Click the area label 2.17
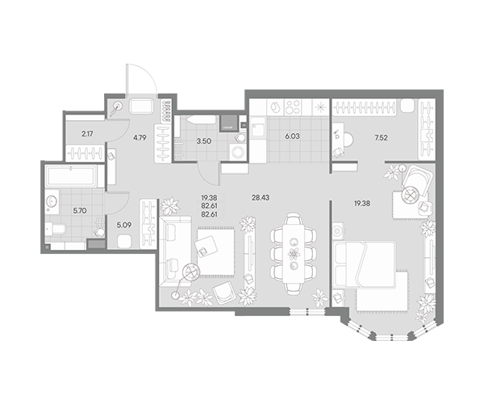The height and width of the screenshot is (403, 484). pos(87,134)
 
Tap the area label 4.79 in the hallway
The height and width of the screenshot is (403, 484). pos(140,138)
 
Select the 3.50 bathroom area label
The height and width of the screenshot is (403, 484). pos(204,141)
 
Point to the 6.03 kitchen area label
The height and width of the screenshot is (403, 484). pos(292,136)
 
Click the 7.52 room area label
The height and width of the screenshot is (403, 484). pos(381,138)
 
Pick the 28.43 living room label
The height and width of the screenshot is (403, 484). pos(261,197)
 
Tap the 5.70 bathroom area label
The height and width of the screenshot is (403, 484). pos(80,211)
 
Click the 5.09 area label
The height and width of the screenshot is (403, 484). pos(123,226)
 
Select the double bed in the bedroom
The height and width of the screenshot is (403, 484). pos(365,265)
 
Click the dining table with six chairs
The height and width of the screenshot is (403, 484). pos(294,252)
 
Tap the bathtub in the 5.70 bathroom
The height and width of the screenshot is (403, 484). pos(71,176)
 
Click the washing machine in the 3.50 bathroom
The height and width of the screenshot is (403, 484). pos(238,152)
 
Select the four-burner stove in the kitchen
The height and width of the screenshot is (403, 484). pos(293,107)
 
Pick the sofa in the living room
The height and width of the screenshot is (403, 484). pos(175,252)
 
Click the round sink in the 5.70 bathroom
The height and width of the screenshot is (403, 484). pos(52,202)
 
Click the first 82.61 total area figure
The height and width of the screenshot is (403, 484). pos(209,206)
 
